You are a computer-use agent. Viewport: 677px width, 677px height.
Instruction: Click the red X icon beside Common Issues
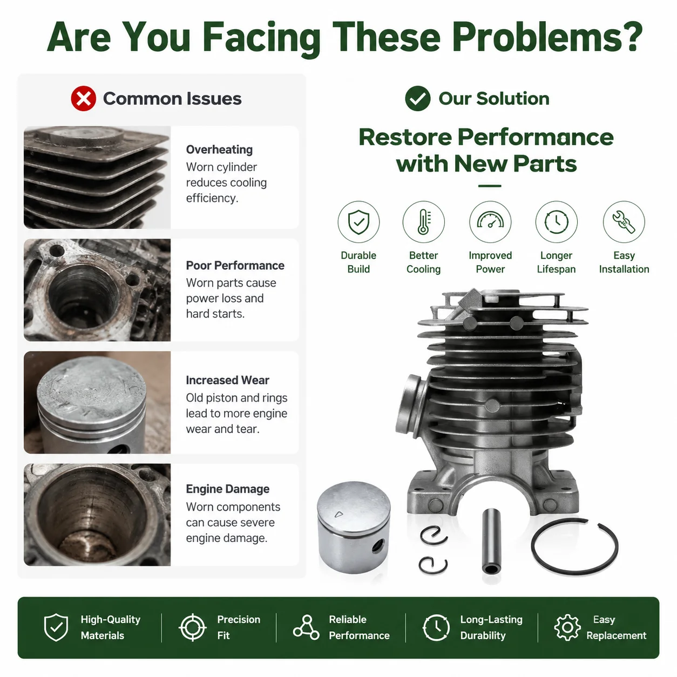[83, 98]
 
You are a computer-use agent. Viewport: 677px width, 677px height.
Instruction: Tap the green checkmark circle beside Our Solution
[417, 98]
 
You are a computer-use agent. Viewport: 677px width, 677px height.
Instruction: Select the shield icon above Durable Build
[358, 222]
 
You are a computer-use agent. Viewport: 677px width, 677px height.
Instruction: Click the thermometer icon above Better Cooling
[424, 222]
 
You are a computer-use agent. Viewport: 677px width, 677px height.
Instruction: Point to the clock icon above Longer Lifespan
[556, 222]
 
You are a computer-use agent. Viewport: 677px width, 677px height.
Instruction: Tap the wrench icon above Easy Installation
[624, 222]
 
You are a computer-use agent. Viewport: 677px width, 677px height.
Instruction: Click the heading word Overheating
[219, 150]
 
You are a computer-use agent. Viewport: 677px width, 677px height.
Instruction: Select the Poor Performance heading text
[235, 265]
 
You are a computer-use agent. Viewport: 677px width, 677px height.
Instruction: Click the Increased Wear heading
[227, 380]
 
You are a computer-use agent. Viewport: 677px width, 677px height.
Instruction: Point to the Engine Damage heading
[228, 489]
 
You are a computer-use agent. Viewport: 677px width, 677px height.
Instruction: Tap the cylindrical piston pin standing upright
[491, 541]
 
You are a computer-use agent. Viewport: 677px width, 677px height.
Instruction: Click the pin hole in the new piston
[378, 546]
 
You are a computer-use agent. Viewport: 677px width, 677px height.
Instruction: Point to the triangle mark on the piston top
[338, 514]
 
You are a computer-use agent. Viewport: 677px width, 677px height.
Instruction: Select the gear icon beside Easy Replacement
[567, 627]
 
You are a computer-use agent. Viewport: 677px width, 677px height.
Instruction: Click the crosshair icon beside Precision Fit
[192, 627]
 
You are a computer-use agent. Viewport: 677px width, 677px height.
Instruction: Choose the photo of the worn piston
[97, 402]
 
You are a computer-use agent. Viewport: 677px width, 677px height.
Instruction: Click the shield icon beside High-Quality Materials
[56, 627]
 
